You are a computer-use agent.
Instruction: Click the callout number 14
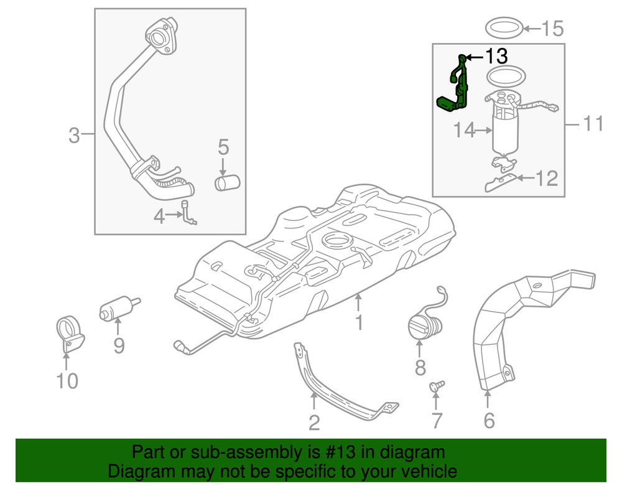click(465, 131)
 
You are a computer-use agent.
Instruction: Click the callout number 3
click(74, 135)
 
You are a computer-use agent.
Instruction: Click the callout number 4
click(159, 217)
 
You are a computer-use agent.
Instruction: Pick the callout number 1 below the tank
click(359, 322)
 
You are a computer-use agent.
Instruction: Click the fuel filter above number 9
click(118, 308)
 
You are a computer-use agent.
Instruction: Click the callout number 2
click(314, 423)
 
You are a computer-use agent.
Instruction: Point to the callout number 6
click(489, 421)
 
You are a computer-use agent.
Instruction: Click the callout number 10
click(67, 380)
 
